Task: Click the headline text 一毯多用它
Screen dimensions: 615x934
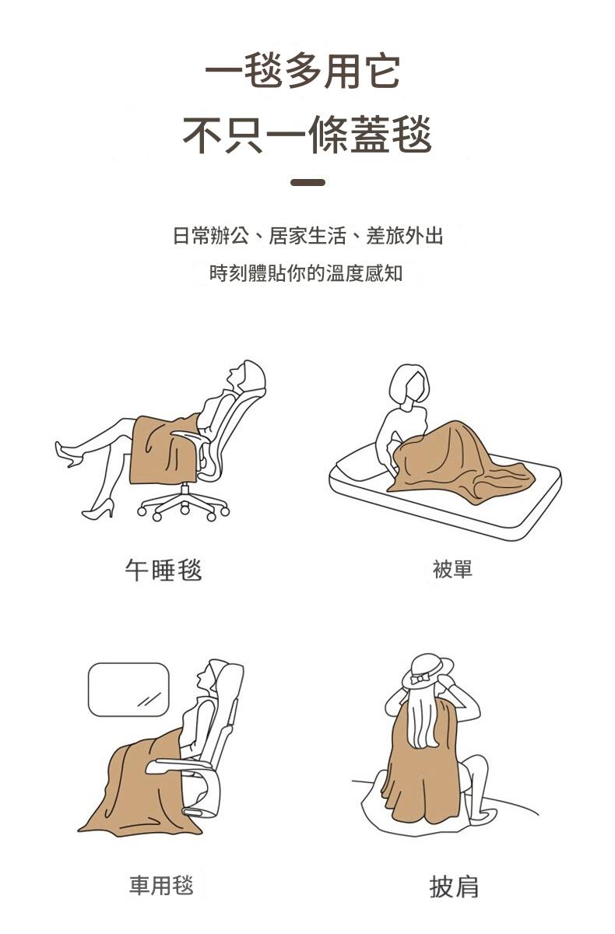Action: pyautogui.click(x=302, y=71)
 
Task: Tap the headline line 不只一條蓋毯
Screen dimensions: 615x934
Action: pyautogui.click(x=307, y=134)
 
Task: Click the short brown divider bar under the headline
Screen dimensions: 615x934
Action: pyautogui.click(x=307, y=182)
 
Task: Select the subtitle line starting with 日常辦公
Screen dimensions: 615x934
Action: pyautogui.click(x=307, y=236)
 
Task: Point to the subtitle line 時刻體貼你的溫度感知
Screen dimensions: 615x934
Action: pyautogui.click(x=306, y=273)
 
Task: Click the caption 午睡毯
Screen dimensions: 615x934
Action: pyautogui.click(x=163, y=570)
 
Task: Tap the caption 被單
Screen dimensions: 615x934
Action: pyautogui.click(x=452, y=569)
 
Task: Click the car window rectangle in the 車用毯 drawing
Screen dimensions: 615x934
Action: pyautogui.click(x=128, y=690)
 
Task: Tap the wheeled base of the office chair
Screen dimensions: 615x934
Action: pyautogui.click(x=184, y=504)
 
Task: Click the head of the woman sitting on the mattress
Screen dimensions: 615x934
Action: pyautogui.click(x=409, y=384)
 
